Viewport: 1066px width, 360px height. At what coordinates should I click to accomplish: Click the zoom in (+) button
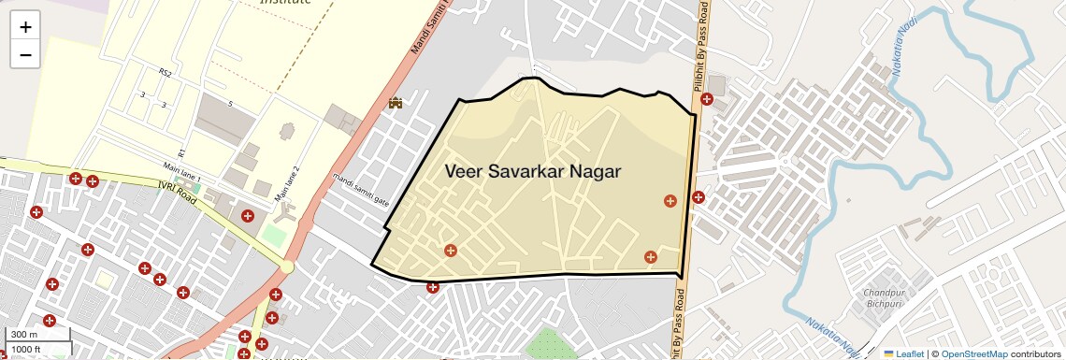(25, 27)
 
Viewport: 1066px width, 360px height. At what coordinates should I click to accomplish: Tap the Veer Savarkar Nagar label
(533, 171)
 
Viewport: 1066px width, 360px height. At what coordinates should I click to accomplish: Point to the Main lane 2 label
(287, 183)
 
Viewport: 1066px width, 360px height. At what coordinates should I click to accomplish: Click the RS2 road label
(166, 72)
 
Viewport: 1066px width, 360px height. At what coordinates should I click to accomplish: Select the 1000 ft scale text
(27, 349)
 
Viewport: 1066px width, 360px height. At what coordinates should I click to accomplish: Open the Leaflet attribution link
(904, 353)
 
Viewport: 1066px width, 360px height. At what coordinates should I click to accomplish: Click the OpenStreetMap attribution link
(974, 353)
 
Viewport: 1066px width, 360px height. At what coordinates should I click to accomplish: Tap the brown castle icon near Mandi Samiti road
(396, 102)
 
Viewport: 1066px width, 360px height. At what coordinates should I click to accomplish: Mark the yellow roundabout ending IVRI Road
(287, 267)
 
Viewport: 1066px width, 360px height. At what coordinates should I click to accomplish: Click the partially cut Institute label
(285, 3)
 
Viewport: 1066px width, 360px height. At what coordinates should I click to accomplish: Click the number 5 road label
(230, 103)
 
